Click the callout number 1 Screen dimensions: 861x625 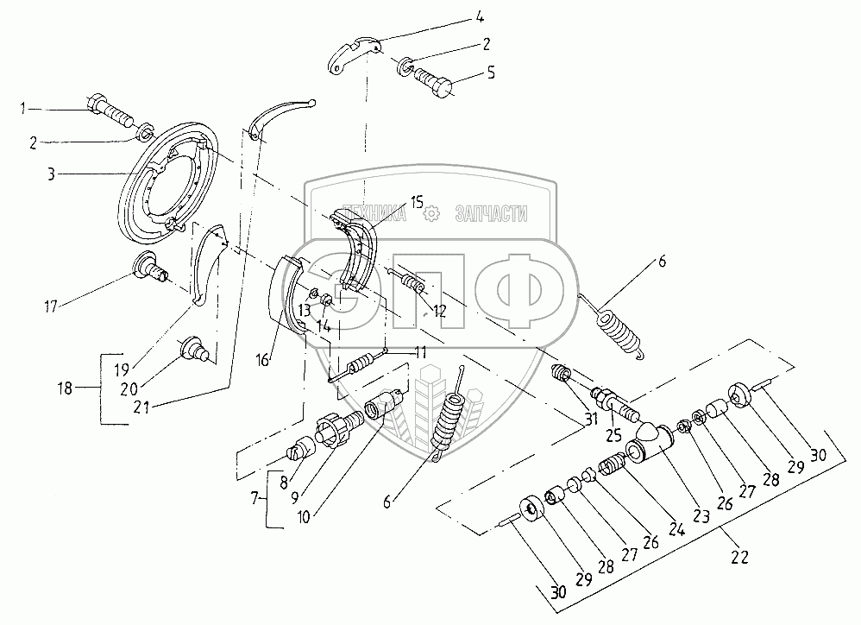pyautogui.click(x=27, y=109)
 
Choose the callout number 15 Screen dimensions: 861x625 pyautogui.click(x=416, y=203)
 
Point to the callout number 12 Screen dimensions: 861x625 pyautogui.click(x=440, y=312)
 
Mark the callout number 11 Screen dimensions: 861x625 pyautogui.click(x=421, y=352)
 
